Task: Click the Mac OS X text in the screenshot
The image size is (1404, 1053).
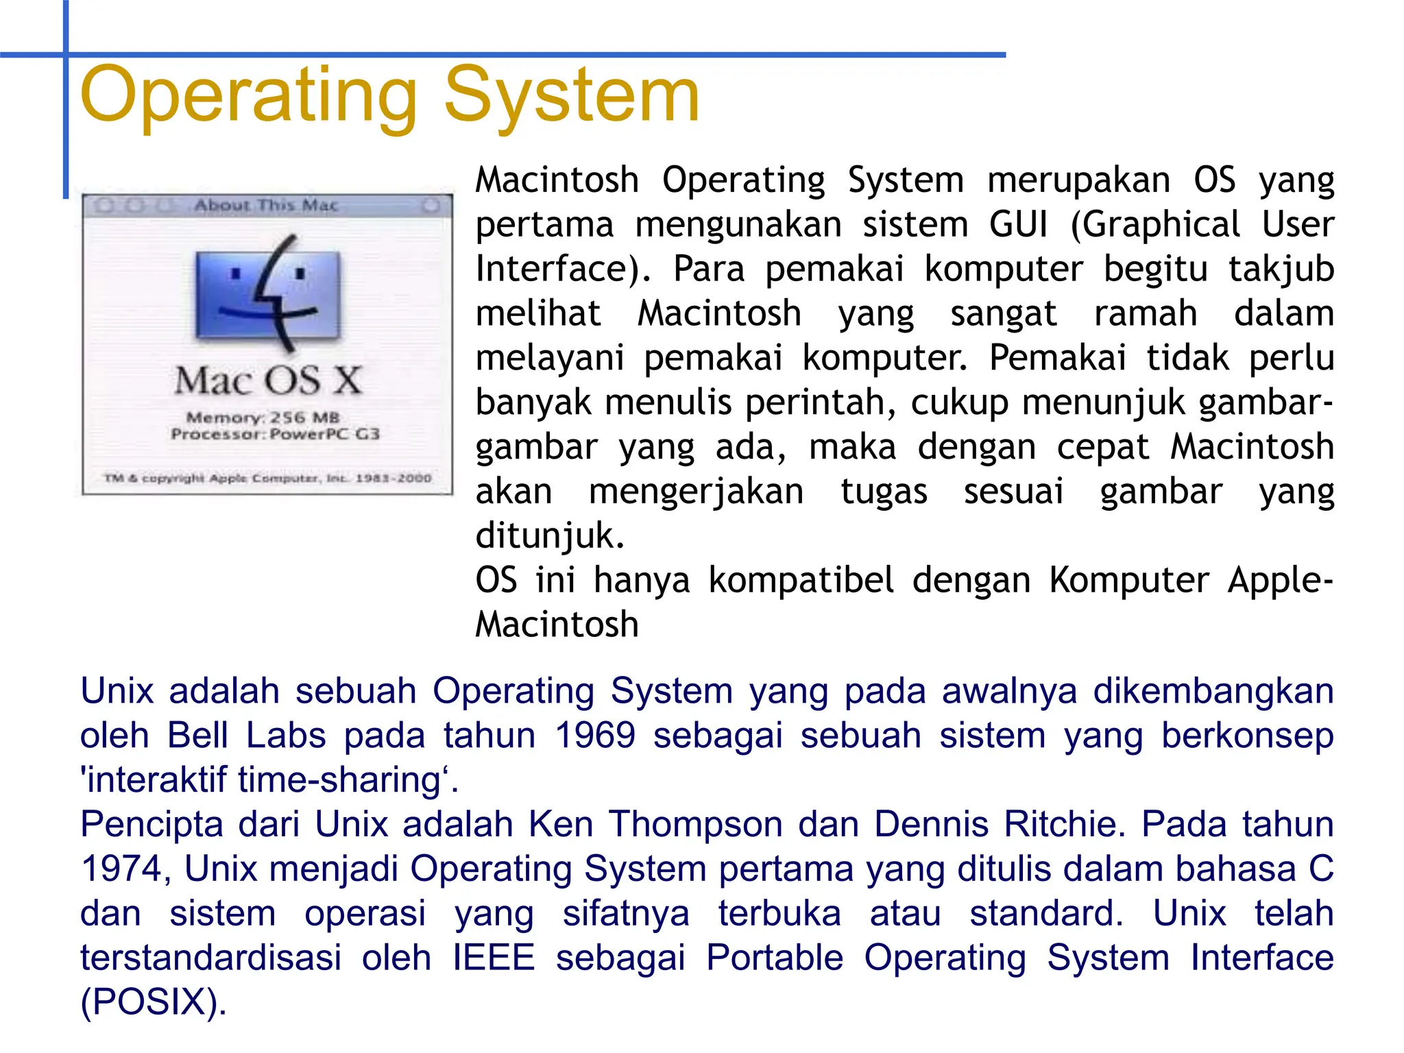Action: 268,380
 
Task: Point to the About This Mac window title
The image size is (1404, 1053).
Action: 266,205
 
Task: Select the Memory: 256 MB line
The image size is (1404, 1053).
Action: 263,417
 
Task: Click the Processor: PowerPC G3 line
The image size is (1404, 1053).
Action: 275,434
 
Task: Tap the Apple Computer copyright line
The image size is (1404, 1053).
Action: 267,478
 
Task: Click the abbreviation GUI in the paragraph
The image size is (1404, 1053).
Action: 1018,225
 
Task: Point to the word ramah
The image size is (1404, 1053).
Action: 1145,314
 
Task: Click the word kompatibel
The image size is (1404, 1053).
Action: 801,581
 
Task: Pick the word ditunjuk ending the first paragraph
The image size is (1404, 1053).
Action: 550,536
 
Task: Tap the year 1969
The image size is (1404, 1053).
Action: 594,736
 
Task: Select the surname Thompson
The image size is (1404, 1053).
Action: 696,824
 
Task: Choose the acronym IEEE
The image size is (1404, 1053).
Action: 494,958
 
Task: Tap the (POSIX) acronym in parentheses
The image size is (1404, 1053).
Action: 153,1002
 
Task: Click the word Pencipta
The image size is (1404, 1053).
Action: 152,824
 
